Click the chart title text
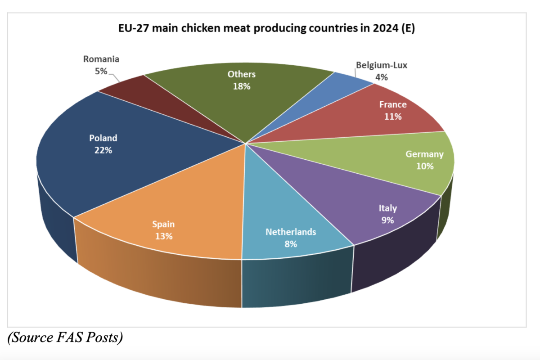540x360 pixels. [266, 28]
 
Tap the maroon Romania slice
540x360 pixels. [154, 99]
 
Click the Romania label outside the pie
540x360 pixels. [101, 65]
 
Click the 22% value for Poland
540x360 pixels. [103, 150]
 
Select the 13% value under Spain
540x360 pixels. [164, 236]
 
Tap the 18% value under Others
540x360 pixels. [242, 86]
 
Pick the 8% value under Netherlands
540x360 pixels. [291, 244]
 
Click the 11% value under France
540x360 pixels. [393, 117]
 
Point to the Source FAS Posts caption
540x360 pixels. [65, 337]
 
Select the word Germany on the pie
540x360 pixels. [424, 154]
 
